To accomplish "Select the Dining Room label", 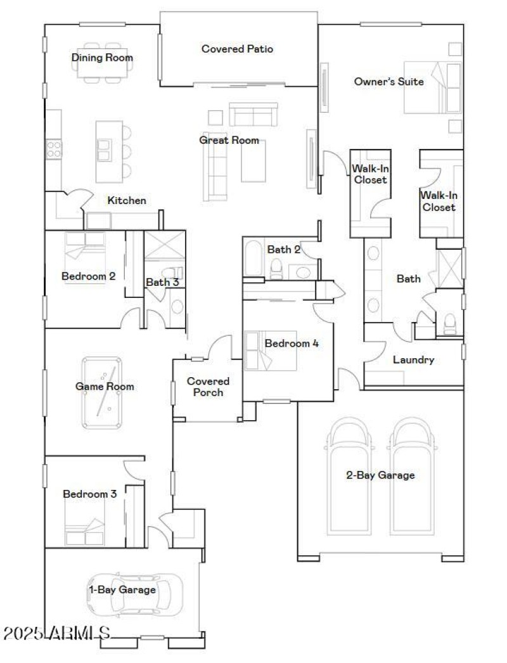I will pyautogui.click(x=102, y=58).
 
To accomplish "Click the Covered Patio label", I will pyautogui.click(x=237, y=48).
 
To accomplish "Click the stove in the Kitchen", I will pyautogui.click(x=54, y=149).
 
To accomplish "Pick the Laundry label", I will pyautogui.click(x=413, y=360).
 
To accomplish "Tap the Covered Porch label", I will pyautogui.click(x=208, y=387).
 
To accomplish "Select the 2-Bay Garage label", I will pyautogui.click(x=380, y=475).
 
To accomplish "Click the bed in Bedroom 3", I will pyautogui.click(x=86, y=531).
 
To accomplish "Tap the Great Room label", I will pyautogui.click(x=229, y=140).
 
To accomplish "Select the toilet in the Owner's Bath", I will pyautogui.click(x=449, y=323).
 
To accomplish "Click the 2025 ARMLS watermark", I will pyautogui.click(x=57, y=633).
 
